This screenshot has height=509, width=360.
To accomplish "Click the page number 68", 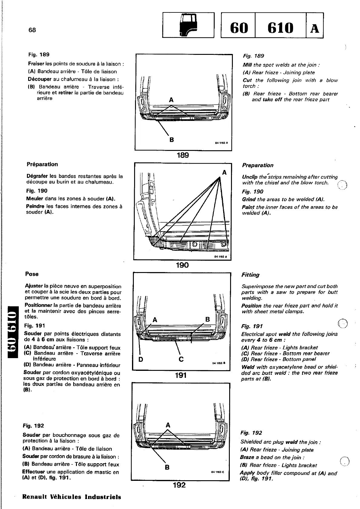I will tap(32, 30).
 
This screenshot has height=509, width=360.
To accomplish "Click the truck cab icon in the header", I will tap(188, 25).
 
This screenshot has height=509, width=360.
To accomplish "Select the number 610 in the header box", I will tap(280, 28).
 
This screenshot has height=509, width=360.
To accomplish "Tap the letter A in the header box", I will tap(315, 28).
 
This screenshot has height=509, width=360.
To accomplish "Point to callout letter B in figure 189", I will tap(172, 140).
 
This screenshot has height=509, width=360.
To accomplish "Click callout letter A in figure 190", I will tap(224, 173).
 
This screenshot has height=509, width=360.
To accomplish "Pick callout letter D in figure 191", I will tap(140, 359).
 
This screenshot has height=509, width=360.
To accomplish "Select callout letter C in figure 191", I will tap(181, 359).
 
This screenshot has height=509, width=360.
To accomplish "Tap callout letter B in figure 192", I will tap(167, 467).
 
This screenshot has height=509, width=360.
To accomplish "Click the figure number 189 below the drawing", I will tap(183, 155).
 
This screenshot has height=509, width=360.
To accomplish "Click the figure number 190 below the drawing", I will tap(182, 265).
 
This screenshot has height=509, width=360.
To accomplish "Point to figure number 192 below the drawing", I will tap(179, 485).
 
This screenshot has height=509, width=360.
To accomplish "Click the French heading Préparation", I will tap(42, 165).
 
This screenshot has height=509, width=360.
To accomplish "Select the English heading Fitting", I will tap(250, 275).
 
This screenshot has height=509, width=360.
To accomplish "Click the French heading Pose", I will tap(32, 274).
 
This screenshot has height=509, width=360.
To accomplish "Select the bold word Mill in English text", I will tap(247, 65).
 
